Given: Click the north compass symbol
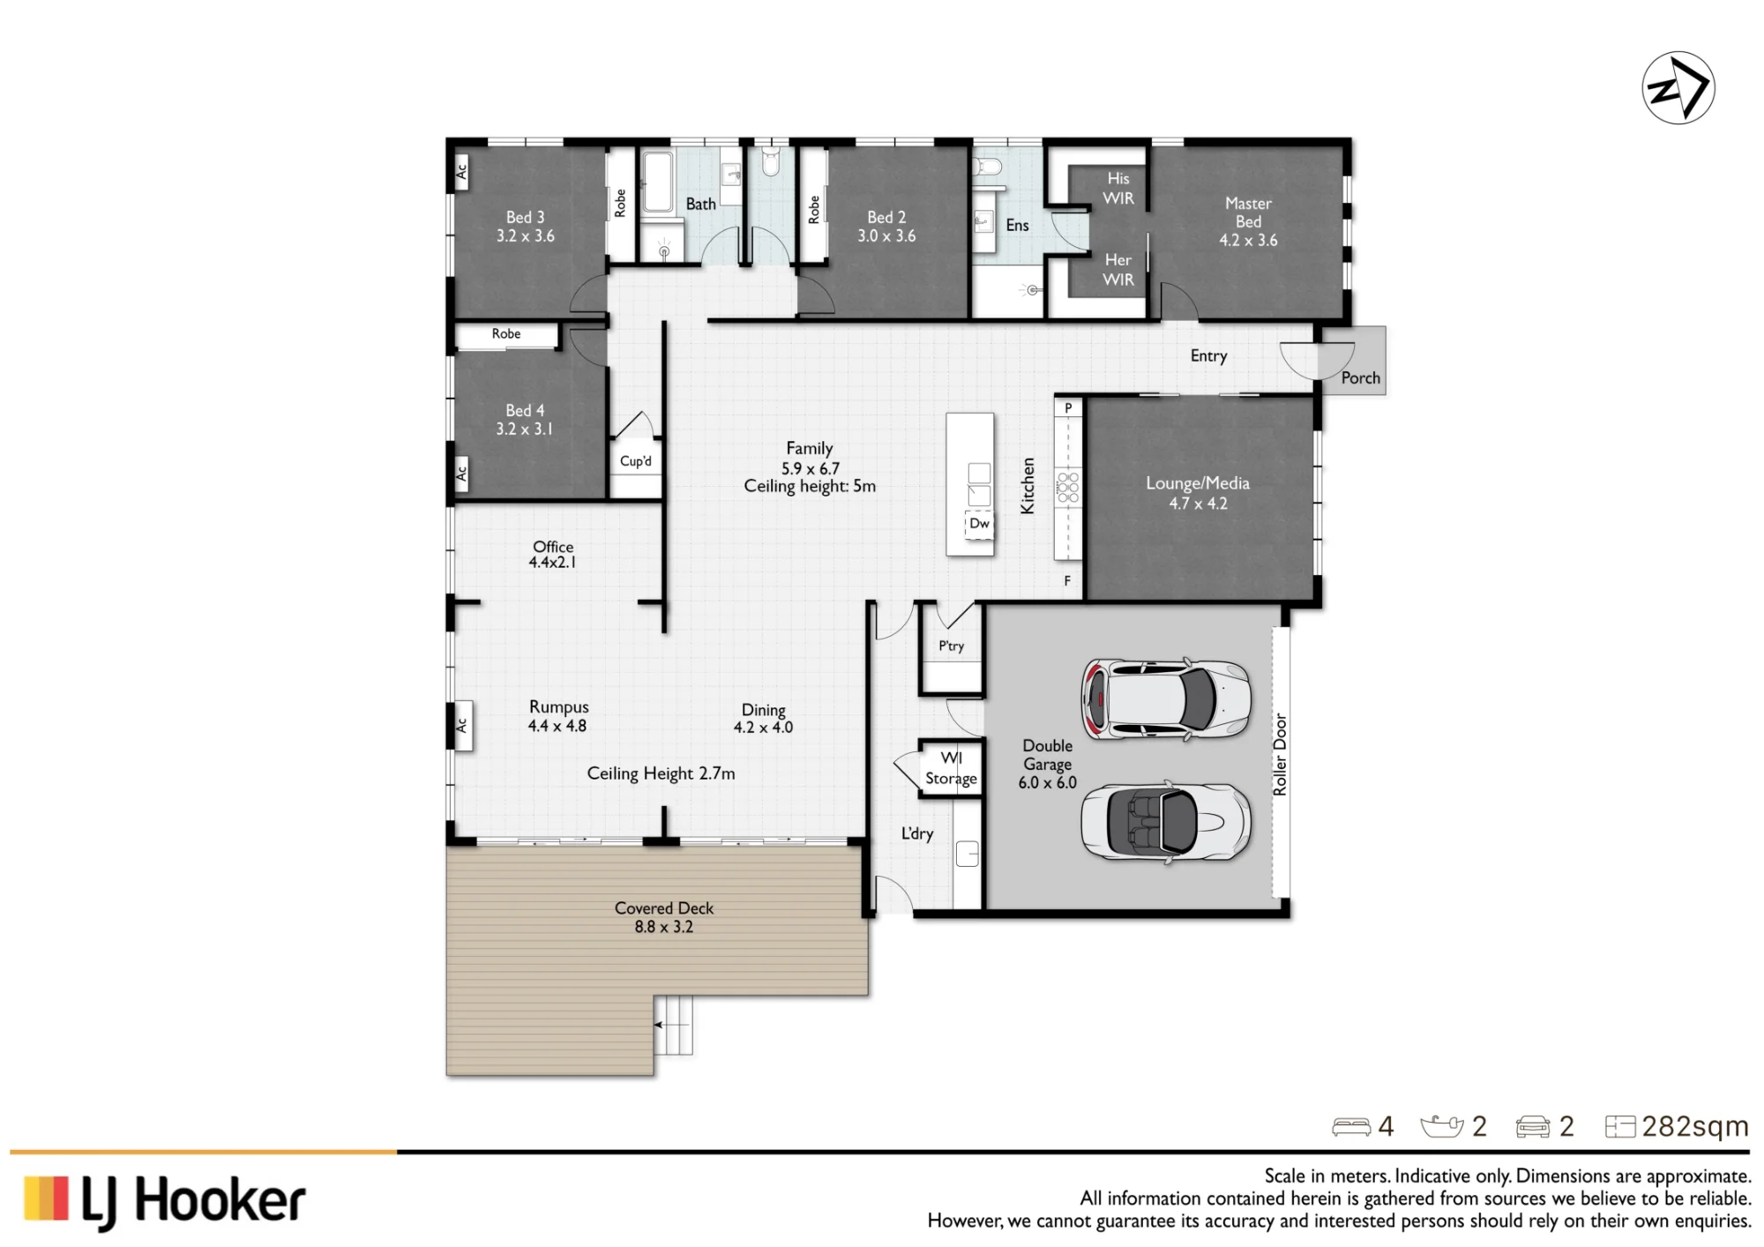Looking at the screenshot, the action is (x=1678, y=88).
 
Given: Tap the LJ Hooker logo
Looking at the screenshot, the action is (x=165, y=1201).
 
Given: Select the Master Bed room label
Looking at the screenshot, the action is (x=1248, y=221).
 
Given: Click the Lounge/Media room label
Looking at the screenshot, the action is (x=1198, y=493).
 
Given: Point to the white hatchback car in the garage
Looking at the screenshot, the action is (x=1166, y=699).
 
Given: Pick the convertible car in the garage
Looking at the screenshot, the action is (x=1166, y=822).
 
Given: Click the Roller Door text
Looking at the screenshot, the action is (x=1280, y=755).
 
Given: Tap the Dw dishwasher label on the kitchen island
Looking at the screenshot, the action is (x=979, y=523).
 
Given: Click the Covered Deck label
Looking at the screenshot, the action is (x=664, y=917).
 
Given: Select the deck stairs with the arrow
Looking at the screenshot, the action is (x=673, y=1025).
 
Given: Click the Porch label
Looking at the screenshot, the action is (x=1360, y=377).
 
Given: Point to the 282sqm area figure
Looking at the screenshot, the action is (x=1695, y=1126).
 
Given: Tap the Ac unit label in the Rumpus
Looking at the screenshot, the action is (x=461, y=725).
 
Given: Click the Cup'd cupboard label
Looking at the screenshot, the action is (x=636, y=461).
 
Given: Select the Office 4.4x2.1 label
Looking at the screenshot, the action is (x=553, y=554).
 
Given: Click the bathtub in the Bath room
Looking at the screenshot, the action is (x=656, y=183).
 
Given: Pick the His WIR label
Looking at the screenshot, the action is (x=1118, y=188).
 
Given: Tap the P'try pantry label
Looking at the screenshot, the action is (x=951, y=646).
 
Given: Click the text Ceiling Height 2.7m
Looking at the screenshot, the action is (x=661, y=773).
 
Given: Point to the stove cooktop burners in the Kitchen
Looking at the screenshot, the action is (x=1068, y=487).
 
